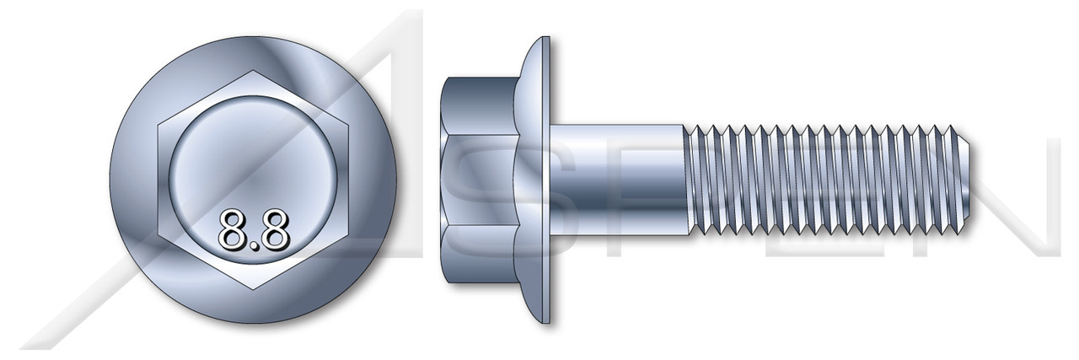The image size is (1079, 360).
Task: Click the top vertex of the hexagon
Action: pyautogui.click(x=254, y=73)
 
